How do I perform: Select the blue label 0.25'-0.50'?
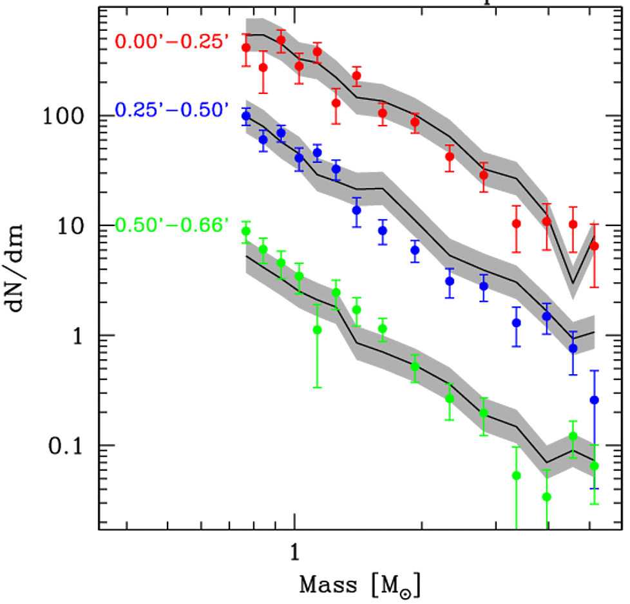pos(171,111)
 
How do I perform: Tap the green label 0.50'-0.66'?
pos(171,226)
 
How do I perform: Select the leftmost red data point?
pos(245,48)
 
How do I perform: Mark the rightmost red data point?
pos(595,246)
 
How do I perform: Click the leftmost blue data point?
pos(245,116)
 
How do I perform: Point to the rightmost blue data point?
pos(595,400)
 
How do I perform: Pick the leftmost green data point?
pos(245,232)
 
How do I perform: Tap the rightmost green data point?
pos(595,466)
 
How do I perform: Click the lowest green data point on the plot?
pos(547,496)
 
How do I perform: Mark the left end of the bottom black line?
pos(246,256)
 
